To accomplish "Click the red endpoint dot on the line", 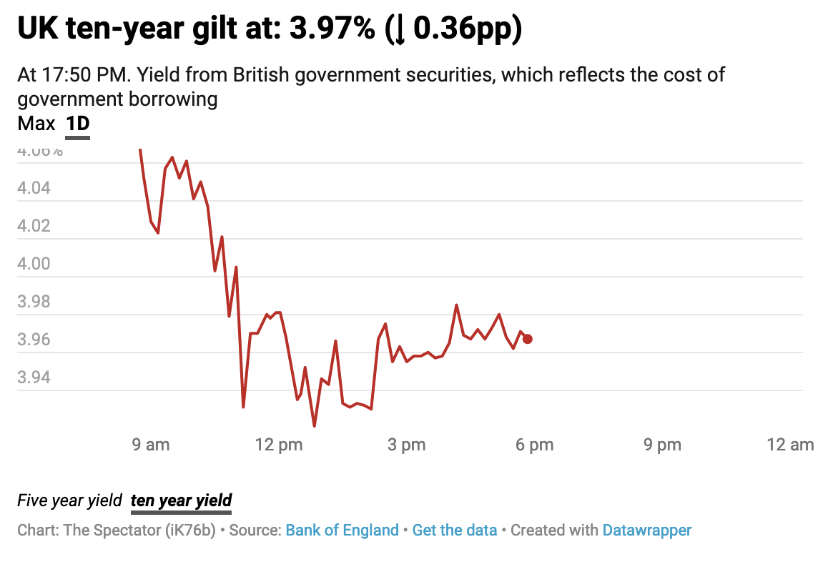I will click(x=527, y=339).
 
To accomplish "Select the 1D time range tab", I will click(x=77, y=124).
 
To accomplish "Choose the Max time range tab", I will click(x=36, y=124).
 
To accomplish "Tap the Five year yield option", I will click(x=69, y=500).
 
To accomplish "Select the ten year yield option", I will click(x=181, y=500).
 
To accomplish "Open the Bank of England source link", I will click(x=342, y=531).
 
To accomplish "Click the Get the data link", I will click(x=454, y=531).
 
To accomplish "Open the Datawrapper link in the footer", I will click(x=646, y=531).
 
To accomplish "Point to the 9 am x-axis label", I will click(x=151, y=445).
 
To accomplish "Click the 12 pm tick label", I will click(x=278, y=445).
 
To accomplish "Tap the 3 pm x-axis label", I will click(x=406, y=445).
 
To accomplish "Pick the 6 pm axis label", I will click(x=534, y=445).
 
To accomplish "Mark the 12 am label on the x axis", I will click(x=789, y=445).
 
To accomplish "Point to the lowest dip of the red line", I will click(x=315, y=426).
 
